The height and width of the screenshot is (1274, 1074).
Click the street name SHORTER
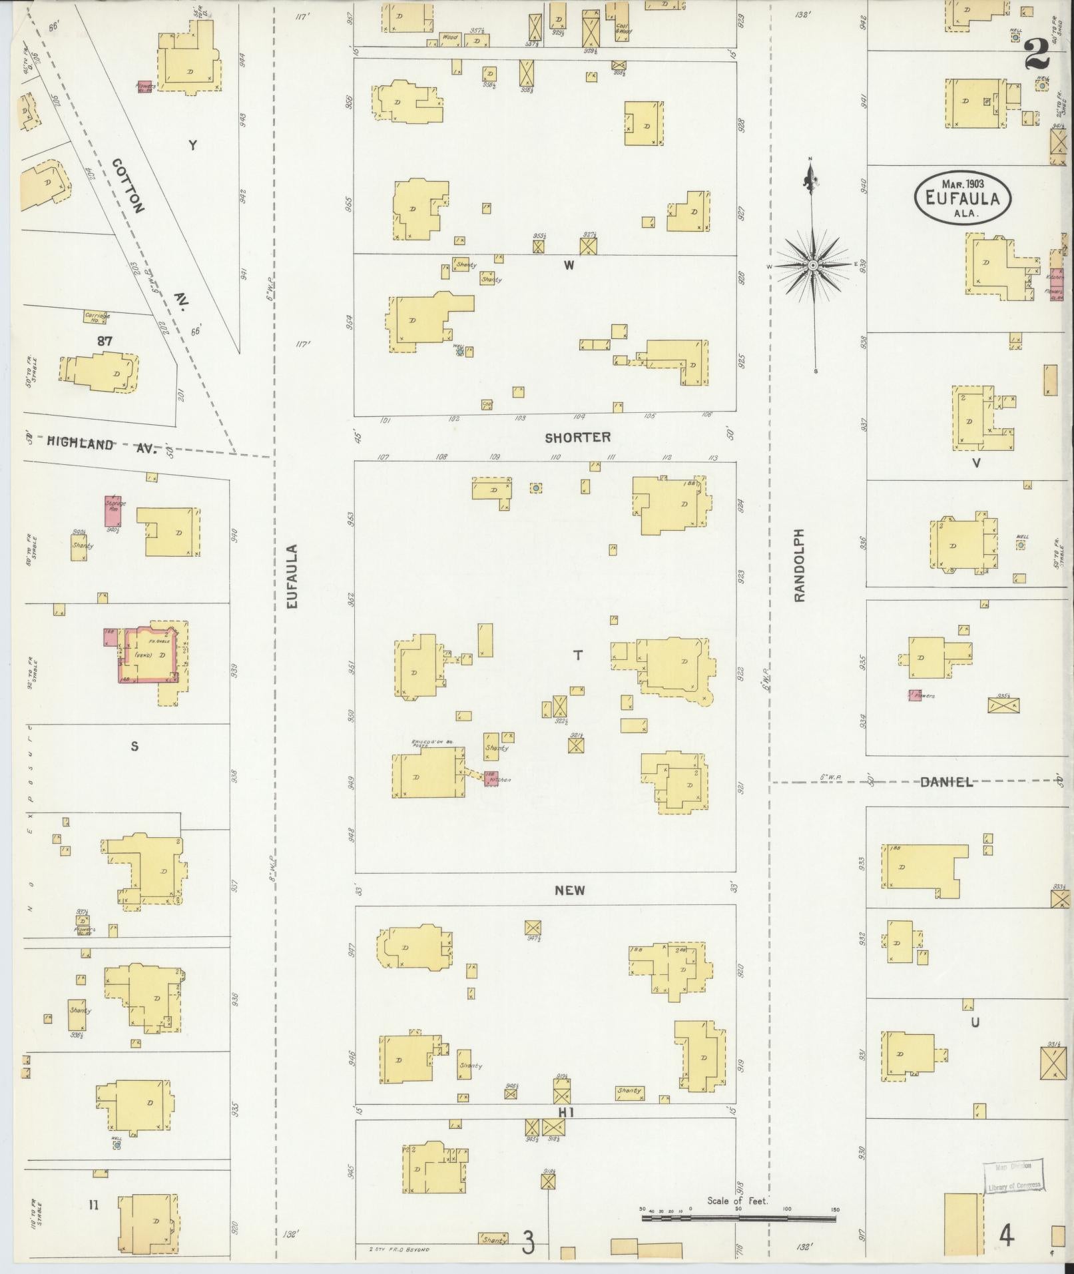pos(577,438)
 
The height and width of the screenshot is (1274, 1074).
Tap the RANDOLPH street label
pos(800,565)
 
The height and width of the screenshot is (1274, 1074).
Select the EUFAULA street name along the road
pos(292,577)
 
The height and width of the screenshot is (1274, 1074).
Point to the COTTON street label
pos(128,185)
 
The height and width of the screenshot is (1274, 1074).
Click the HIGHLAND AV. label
pos(100,446)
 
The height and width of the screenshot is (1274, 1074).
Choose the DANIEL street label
pos(946,783)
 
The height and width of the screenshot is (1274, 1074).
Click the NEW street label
pos(570,890)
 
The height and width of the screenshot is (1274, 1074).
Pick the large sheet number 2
pos(1036,54)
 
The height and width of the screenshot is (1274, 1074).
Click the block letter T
pos(578,656)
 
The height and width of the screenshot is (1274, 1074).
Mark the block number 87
pos(104,341)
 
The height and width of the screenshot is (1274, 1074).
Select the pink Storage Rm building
pos(115,511)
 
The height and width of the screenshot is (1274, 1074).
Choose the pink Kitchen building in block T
pos(491,778)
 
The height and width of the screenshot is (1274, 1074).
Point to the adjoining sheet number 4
pos(1006,1237)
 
